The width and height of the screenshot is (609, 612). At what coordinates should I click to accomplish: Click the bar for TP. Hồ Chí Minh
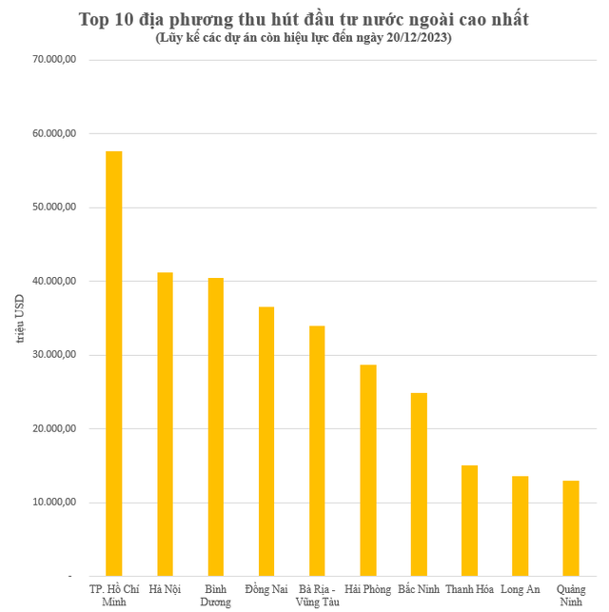(113, 364)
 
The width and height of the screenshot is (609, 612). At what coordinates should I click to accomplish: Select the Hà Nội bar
(165, 424)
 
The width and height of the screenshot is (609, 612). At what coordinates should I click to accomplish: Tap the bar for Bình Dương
(215, 427)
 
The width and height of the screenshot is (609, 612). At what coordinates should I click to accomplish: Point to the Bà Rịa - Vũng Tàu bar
(317, 451)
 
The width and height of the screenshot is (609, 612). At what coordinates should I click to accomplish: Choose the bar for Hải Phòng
(367, 470)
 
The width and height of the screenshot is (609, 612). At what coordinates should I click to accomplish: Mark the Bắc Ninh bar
(419, 484)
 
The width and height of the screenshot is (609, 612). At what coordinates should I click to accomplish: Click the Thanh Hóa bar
(469, 521)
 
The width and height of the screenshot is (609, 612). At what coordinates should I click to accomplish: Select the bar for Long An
(520, 526)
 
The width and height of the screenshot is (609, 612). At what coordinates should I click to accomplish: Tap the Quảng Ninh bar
(571, 528)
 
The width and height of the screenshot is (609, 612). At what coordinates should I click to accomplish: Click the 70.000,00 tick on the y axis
(54, 60)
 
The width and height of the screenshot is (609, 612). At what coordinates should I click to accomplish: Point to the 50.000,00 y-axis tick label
(54, 207)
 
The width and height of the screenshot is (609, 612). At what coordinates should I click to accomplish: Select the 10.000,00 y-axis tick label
(54, 503)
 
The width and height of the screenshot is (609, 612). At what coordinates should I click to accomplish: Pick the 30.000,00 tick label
(54, 355)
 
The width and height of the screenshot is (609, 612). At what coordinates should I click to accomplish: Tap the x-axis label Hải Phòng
(367, 590)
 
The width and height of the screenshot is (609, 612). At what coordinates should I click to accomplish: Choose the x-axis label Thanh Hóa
(469, 590)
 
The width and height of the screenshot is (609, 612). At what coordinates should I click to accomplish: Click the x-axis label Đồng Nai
(266, 590)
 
